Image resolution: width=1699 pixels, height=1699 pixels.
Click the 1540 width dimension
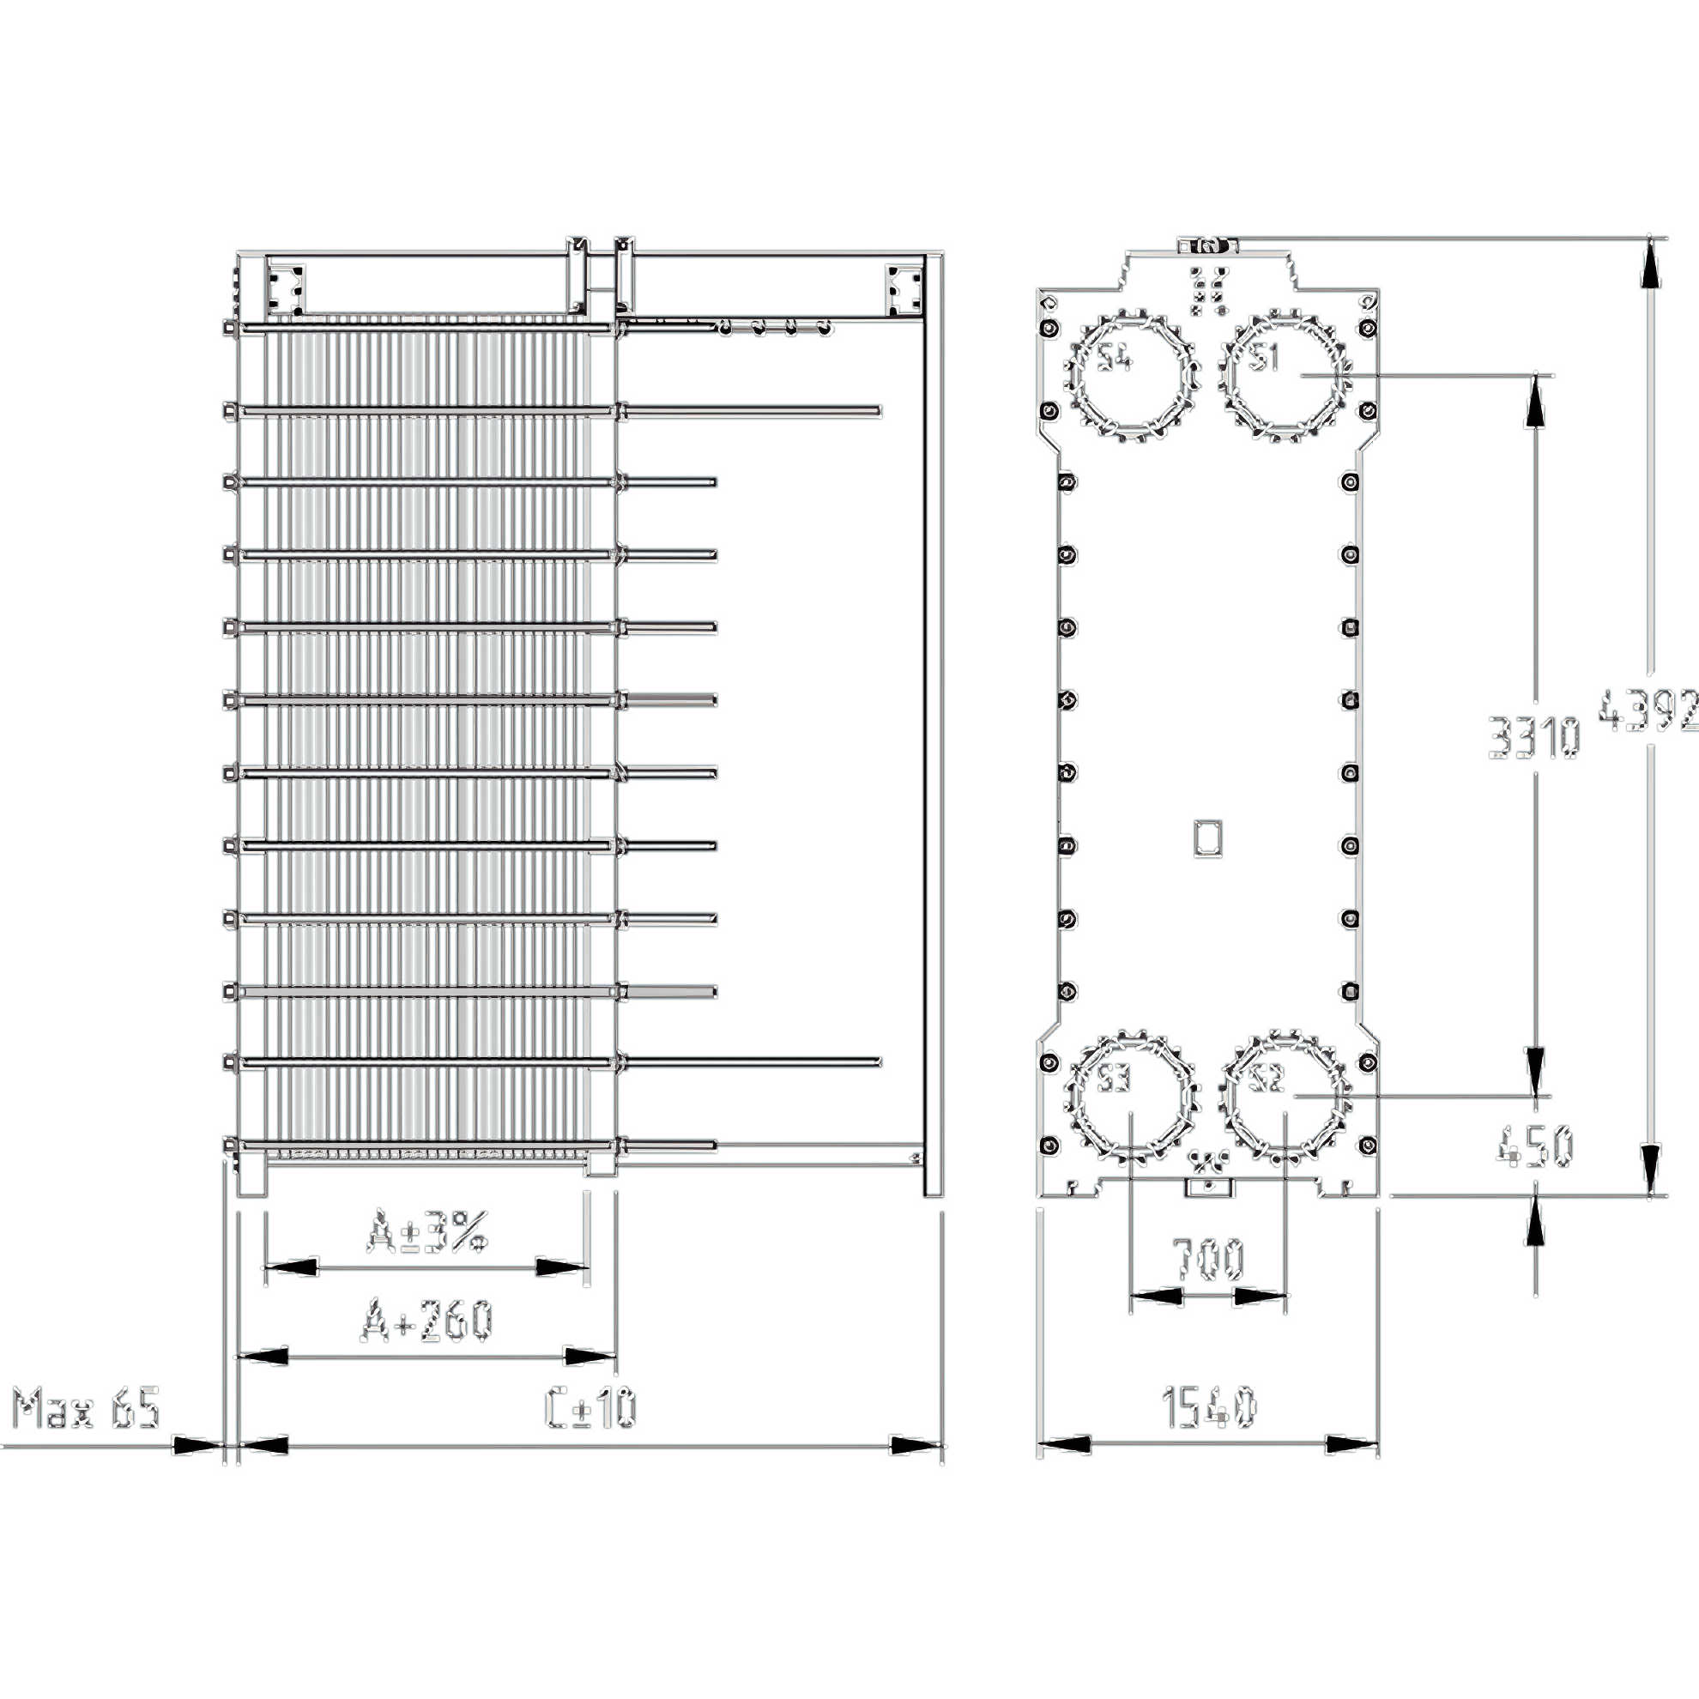coord(1209,1408)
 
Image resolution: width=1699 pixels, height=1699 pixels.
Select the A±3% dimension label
coord(426,1233)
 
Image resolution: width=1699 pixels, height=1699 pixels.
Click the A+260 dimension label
coord(426,1321)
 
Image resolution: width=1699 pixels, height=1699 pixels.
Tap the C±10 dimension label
coord(590,1408)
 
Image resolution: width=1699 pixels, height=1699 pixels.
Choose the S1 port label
coord(1267,357)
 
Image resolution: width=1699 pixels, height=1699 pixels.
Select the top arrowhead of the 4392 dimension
coord(1651,262)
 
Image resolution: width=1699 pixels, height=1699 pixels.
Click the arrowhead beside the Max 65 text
coord(196,1444)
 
